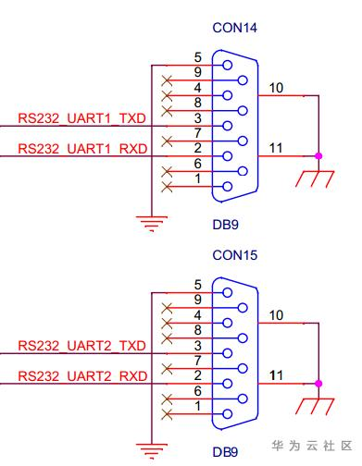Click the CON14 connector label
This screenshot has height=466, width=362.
pos(234,28)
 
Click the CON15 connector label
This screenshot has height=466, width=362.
pos(234,255)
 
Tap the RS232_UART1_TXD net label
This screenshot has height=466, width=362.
pos(81,118)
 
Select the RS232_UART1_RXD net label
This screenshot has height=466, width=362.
pos(82,149)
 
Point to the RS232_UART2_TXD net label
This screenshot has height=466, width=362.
pos(81,346)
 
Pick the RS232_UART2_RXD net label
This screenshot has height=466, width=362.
pos(82,376)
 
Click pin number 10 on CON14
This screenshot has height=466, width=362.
pos(276,88)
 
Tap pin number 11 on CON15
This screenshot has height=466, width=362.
pos(276,375)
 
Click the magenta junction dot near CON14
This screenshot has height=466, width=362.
pos(318,156)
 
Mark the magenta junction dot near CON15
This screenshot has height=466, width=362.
pos(318,384)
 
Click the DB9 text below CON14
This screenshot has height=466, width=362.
pos(225,225)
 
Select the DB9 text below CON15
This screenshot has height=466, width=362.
pos(225,452)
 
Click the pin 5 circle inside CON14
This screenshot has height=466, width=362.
pos(227,66)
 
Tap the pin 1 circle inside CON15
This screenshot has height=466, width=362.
pos(227,413)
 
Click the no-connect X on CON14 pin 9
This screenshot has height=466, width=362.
pos(167,80)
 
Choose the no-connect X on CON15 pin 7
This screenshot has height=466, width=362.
pos(167,369)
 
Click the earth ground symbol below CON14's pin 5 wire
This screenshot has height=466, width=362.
pos(152,224)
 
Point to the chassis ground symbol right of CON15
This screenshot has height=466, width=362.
pos(315,406)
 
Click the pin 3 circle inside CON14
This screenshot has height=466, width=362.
pos(227,126)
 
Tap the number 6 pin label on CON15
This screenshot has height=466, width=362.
pos(198,391)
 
